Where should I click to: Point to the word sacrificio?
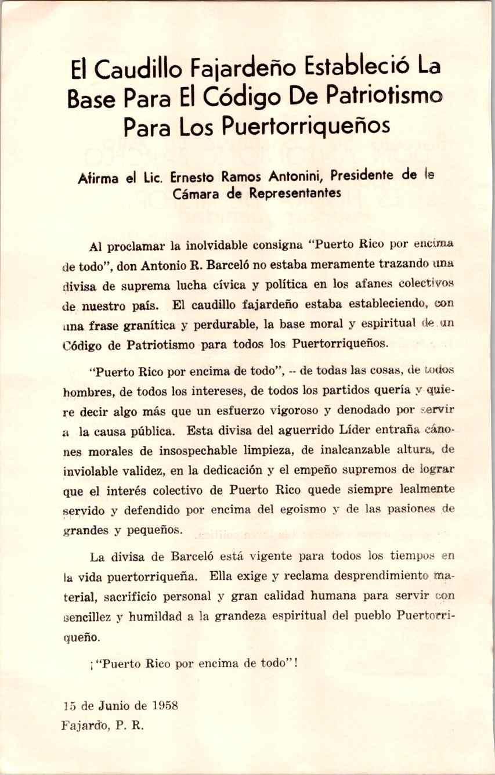125,596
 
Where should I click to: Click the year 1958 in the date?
164,706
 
